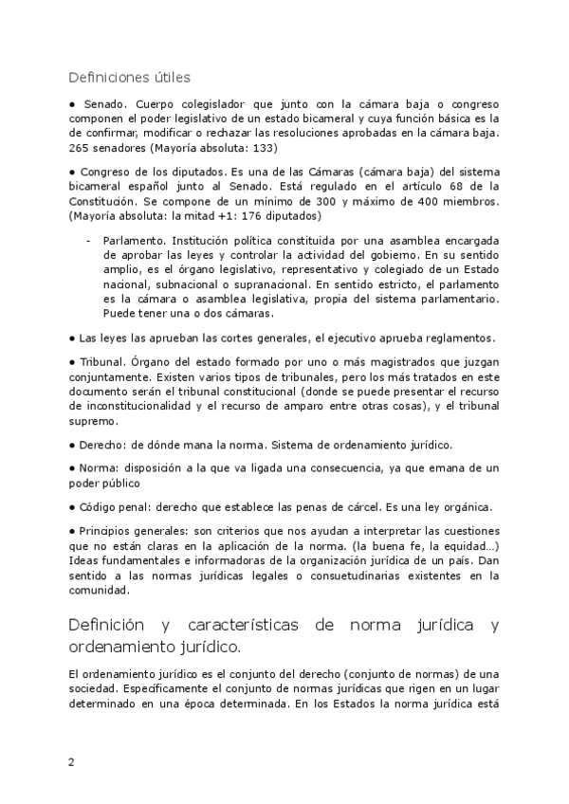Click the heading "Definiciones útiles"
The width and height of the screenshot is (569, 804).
[130, 77]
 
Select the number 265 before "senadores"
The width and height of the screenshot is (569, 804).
[82, 149]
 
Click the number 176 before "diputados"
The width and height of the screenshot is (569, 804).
[238, 216]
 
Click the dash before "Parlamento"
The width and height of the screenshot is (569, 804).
[88, 241]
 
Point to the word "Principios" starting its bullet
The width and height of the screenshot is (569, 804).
[110, 532]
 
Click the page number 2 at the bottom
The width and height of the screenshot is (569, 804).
[71, 761]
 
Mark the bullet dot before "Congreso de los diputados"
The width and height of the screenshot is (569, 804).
[72, 172]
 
